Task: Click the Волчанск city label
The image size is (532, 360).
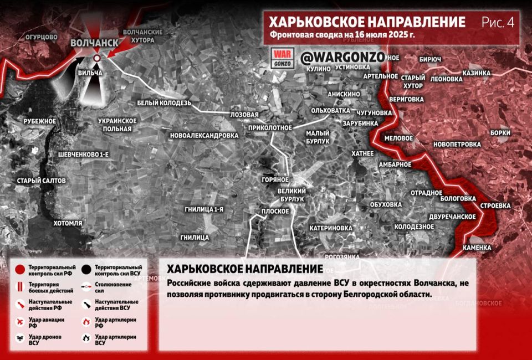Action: click(94, 43)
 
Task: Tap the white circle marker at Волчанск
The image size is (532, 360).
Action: click(97, 58)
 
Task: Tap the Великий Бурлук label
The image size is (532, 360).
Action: click(291, 194)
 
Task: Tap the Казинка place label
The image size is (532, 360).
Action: click(477, 73)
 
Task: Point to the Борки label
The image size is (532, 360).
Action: click(500, 133)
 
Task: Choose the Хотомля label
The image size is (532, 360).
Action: click(68, 223)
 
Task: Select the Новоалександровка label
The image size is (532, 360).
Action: click(204, 135)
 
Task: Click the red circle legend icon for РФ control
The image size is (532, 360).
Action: click(20, 270)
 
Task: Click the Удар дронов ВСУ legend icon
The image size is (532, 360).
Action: click(20, 339)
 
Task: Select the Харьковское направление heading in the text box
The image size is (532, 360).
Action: click(245, 269)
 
